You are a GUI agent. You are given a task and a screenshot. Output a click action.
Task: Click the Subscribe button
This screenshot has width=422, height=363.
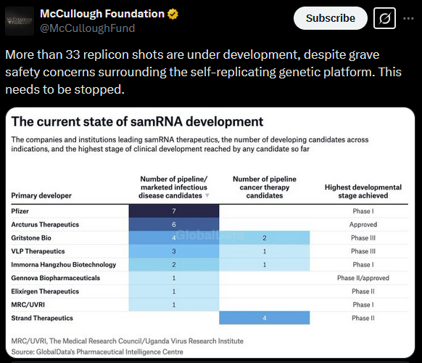tap(330, 18)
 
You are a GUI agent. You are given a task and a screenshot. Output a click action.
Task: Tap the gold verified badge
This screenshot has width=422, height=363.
tap(173, 14)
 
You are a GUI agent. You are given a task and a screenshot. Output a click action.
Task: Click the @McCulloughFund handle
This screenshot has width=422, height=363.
tap(88, 28)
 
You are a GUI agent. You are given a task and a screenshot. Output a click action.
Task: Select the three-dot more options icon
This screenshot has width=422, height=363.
tap(408, 18)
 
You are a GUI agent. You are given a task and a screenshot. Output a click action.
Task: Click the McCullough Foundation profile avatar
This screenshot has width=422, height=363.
tap(20, 21)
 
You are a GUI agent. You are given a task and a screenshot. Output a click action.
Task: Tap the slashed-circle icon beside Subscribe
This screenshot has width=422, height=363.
tap(384, 18)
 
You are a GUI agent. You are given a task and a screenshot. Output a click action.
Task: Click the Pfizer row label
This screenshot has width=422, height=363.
tap(20, 211)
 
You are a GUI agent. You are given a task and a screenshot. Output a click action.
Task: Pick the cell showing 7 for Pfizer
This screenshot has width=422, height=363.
tap(174, 211)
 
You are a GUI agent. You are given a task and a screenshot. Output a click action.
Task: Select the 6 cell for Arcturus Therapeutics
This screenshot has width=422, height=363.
tap(174, 224)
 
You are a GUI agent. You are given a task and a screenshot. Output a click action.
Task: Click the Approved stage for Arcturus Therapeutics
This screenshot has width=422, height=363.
tap(363, 224)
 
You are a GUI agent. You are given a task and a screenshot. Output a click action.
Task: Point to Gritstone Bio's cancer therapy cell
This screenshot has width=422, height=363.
tap(264, 237)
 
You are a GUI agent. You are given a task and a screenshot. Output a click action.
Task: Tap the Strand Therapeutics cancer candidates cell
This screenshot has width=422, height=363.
tap(264, 318)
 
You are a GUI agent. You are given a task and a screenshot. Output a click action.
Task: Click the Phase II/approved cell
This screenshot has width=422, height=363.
tap(363, 278)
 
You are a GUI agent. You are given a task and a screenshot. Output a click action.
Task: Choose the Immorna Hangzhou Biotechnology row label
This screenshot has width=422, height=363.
tap(64, 265)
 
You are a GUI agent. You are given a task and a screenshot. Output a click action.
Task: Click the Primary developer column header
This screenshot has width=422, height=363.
tap(41, 195)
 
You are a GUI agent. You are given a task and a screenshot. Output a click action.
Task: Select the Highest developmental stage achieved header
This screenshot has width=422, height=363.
tap(363, 192)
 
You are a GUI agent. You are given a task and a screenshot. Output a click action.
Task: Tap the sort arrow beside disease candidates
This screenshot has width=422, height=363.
tap(207, 195)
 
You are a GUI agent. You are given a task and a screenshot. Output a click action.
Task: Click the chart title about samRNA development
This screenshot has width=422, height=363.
tap(137, 121)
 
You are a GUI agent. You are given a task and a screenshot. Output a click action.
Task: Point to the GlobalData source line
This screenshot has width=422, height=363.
tap(97, 351)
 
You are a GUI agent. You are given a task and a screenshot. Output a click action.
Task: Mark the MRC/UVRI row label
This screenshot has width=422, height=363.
tap(28, 304)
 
